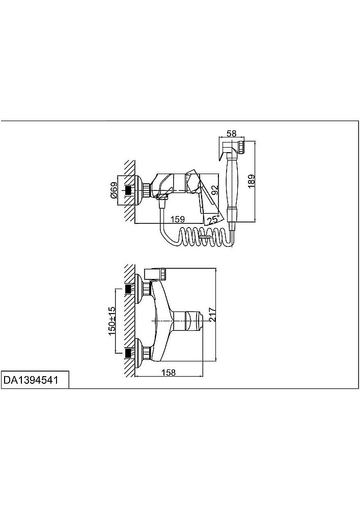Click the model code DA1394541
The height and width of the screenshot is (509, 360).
[x=31, y=380]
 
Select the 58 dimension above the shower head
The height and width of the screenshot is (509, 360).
[x=232, y=133]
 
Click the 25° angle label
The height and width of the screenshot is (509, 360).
[x=213, y=220]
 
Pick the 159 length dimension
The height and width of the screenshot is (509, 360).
[x=178, y=219]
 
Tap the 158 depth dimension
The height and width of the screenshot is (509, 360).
[x=169, y=373]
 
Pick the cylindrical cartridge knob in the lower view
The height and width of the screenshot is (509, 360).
[x=189, y=320]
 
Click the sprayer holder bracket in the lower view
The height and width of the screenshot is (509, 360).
[x=156, y=273]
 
